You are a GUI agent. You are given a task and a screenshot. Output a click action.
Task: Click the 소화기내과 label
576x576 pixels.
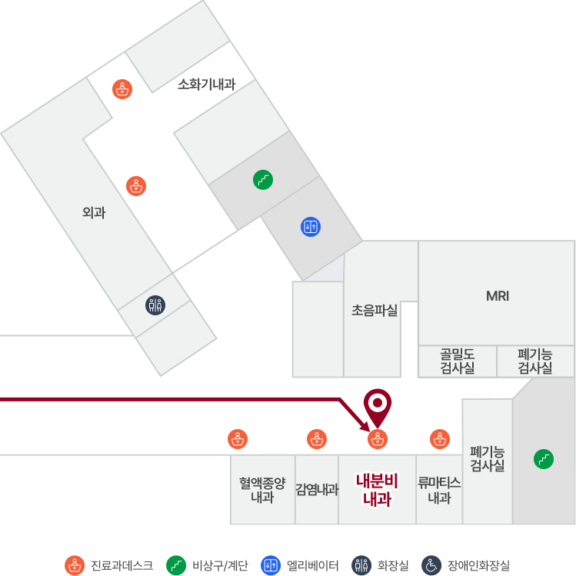(x=206, y=84)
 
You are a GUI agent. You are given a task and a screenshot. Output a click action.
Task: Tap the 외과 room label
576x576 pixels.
(x=94, y=212)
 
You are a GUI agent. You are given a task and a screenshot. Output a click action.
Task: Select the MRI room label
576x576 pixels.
(x=498, y=296)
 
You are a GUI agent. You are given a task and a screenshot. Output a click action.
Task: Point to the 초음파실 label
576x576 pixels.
(x=375, y=310)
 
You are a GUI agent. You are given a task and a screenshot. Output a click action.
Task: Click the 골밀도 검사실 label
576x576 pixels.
(x=458, y=361)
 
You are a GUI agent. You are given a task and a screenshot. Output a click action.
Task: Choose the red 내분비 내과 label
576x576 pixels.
(x=378, y=490)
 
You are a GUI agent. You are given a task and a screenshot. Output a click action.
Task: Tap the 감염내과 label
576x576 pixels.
(x=317, y=489)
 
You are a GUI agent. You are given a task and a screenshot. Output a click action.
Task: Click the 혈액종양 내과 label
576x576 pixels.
(x=262, y=490)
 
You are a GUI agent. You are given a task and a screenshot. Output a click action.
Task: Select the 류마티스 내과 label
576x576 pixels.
(x=439, y=490)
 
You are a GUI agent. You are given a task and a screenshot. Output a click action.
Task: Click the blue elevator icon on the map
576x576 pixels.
(x=311, y=227)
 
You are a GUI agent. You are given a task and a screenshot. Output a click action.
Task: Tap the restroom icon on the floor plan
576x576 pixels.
(x=155, y=305)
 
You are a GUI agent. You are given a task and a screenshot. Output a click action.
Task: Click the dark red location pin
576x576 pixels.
(x=378, y=407)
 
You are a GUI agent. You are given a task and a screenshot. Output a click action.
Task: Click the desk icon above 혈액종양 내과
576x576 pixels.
(x=238, y=439)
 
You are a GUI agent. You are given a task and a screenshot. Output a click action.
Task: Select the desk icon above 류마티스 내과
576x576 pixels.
(x=440, y=439)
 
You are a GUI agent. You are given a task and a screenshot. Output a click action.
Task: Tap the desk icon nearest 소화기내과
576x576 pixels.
(x=122, y=89)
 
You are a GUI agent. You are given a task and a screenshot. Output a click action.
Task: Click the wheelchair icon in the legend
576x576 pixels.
(x=431, y=565)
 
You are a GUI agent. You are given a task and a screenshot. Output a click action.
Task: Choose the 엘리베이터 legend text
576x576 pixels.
(x=312, y=565)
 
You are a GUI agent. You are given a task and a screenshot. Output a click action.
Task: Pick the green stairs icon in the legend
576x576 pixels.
(x=176, y=565)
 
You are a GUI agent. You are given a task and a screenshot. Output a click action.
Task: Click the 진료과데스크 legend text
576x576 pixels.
(x=122, y=565)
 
